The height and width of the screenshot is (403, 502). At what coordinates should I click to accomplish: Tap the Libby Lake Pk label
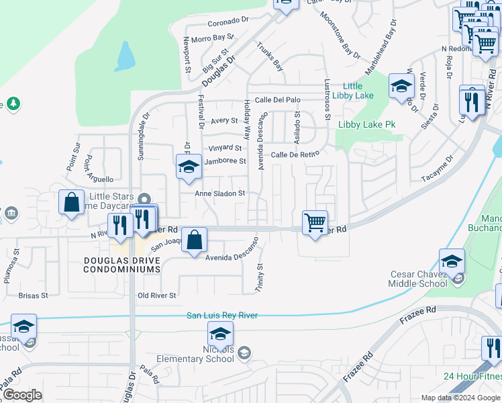(x=367, y=125)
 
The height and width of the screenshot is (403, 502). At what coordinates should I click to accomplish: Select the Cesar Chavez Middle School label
(x=419, y=279)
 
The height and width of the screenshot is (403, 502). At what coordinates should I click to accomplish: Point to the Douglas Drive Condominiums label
(x=122, y=264)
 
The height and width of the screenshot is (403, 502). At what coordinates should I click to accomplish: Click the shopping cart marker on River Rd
(x=315, y=222)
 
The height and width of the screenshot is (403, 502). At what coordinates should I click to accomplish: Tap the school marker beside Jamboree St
(x=189, y=167)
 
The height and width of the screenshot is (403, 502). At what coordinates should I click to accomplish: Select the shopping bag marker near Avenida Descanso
(x=194, y=240)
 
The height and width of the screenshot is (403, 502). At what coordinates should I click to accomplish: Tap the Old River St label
(x=156, y=296)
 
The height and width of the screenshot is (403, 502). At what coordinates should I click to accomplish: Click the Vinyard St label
(x=225, y=148)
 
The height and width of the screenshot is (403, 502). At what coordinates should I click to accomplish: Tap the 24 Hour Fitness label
(x=472, y=376)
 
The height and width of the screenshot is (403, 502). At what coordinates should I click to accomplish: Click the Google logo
(x=22, y=395)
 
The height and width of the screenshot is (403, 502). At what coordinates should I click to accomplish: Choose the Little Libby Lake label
(x=358, y=91)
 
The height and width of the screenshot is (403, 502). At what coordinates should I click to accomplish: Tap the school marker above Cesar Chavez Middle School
(x=452, y=261)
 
